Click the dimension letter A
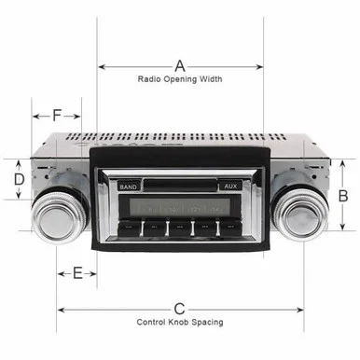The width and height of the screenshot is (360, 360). coord(180,66)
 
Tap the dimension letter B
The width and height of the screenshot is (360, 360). coord(343,196)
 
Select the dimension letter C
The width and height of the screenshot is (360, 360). coord(179,309)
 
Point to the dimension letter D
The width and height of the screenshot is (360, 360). coord(20,179)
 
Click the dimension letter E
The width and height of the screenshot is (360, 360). coord(77,273)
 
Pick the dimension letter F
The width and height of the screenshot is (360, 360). coord(56,116)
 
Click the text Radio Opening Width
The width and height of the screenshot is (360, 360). coord(180,79)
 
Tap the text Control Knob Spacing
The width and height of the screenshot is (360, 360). coord(180,322)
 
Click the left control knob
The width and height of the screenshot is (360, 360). coord(59,216)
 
